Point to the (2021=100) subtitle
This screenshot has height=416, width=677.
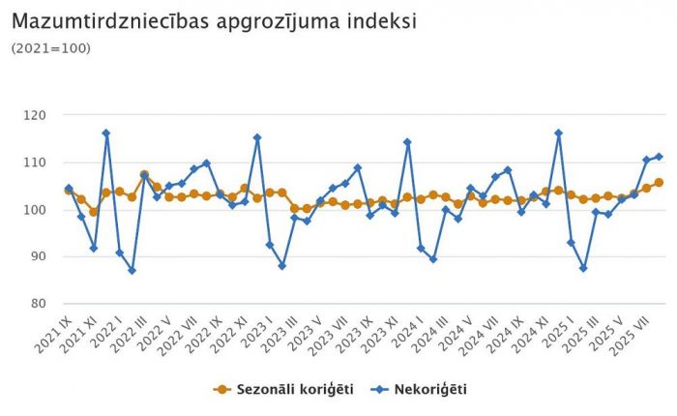[x=50, y=47]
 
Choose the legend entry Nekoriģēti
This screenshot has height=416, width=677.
[x=428, y=389]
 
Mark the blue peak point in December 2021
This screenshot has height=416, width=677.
[x=106, y=133]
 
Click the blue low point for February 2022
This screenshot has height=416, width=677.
[x=132, y=270]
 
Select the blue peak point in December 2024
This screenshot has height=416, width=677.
[x=559, y=133]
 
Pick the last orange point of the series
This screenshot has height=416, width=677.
[x=660, y=182]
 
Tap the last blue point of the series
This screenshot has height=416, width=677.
[x=660, y=157]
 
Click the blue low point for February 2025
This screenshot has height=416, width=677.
[x=584, y=268]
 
